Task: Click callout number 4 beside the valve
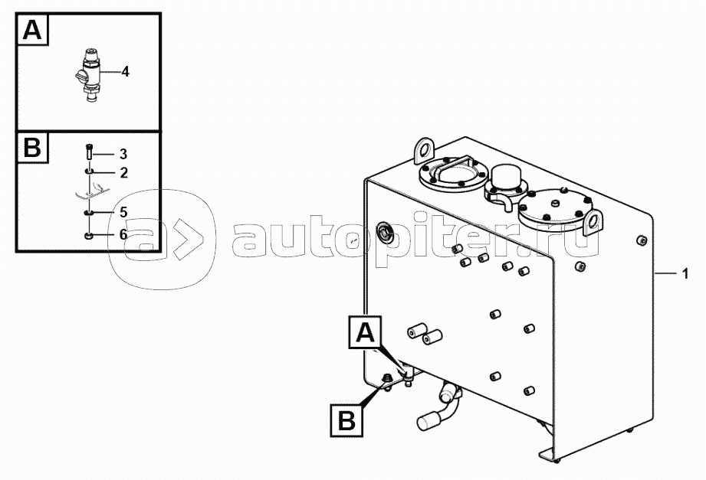tap(125, 71)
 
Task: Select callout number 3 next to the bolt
tap(123, 155)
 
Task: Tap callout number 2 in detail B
tap(124, 173)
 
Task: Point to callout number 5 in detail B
tap(123, 212)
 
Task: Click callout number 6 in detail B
tap(123, 234)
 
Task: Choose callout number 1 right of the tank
tap(685, 273)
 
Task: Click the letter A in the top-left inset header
tap(32, 31)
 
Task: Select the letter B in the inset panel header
tap(32, 148)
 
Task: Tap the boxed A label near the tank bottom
tap(365, 333)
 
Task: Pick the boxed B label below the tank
tap(346, 420)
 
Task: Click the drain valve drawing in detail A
tap(88, 76)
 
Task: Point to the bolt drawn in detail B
tap(88, 151)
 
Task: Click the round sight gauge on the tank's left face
tap(385, 233)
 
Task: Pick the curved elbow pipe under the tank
tap(441, 408)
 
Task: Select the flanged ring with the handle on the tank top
tap(453, 174)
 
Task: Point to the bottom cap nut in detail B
tap(89, 235)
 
